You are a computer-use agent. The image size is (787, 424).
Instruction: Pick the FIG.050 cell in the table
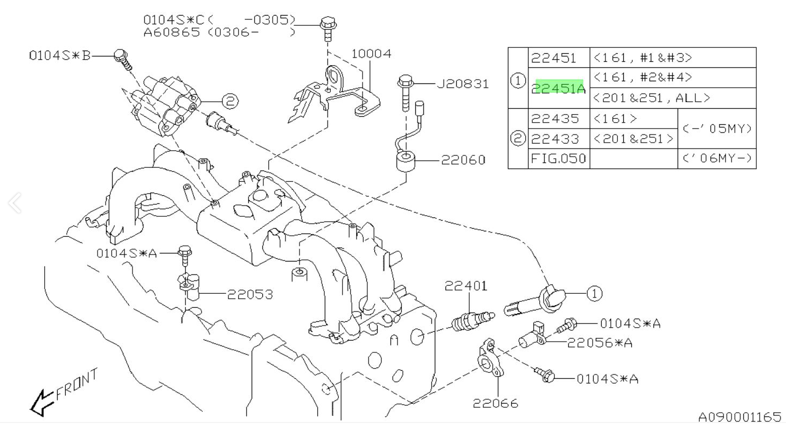pyautogui.click(x=559, y=159)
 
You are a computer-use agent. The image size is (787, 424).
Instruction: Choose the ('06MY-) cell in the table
pyautogui.click(x=716, y=159)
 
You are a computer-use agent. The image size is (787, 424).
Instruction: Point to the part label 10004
pyautogui.click(x=371, y=54)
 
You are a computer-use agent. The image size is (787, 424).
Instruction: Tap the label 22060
pyautogui.click(x=463, y=160)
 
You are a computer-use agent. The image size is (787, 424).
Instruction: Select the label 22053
pyautogui.click(x=249, y=294)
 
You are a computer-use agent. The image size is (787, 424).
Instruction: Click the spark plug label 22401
pyautogui.click(x=465, y=286)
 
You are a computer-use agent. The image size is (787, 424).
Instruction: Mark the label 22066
pyautogui.click(x=496, y=403)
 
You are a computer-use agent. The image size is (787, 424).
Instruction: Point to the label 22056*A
pyautogui.click(x=600, y=342)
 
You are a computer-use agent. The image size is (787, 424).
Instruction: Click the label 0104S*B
pyautogui.click(x=60, y=55)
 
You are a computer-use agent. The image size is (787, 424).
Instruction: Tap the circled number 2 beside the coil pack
pyautogui.click(x=229, y=100)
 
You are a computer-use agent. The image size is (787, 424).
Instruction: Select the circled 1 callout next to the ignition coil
pyautogui.click(x=594, y=294)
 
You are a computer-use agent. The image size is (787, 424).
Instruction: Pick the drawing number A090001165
pyautogui.click(x=739, y=416)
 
